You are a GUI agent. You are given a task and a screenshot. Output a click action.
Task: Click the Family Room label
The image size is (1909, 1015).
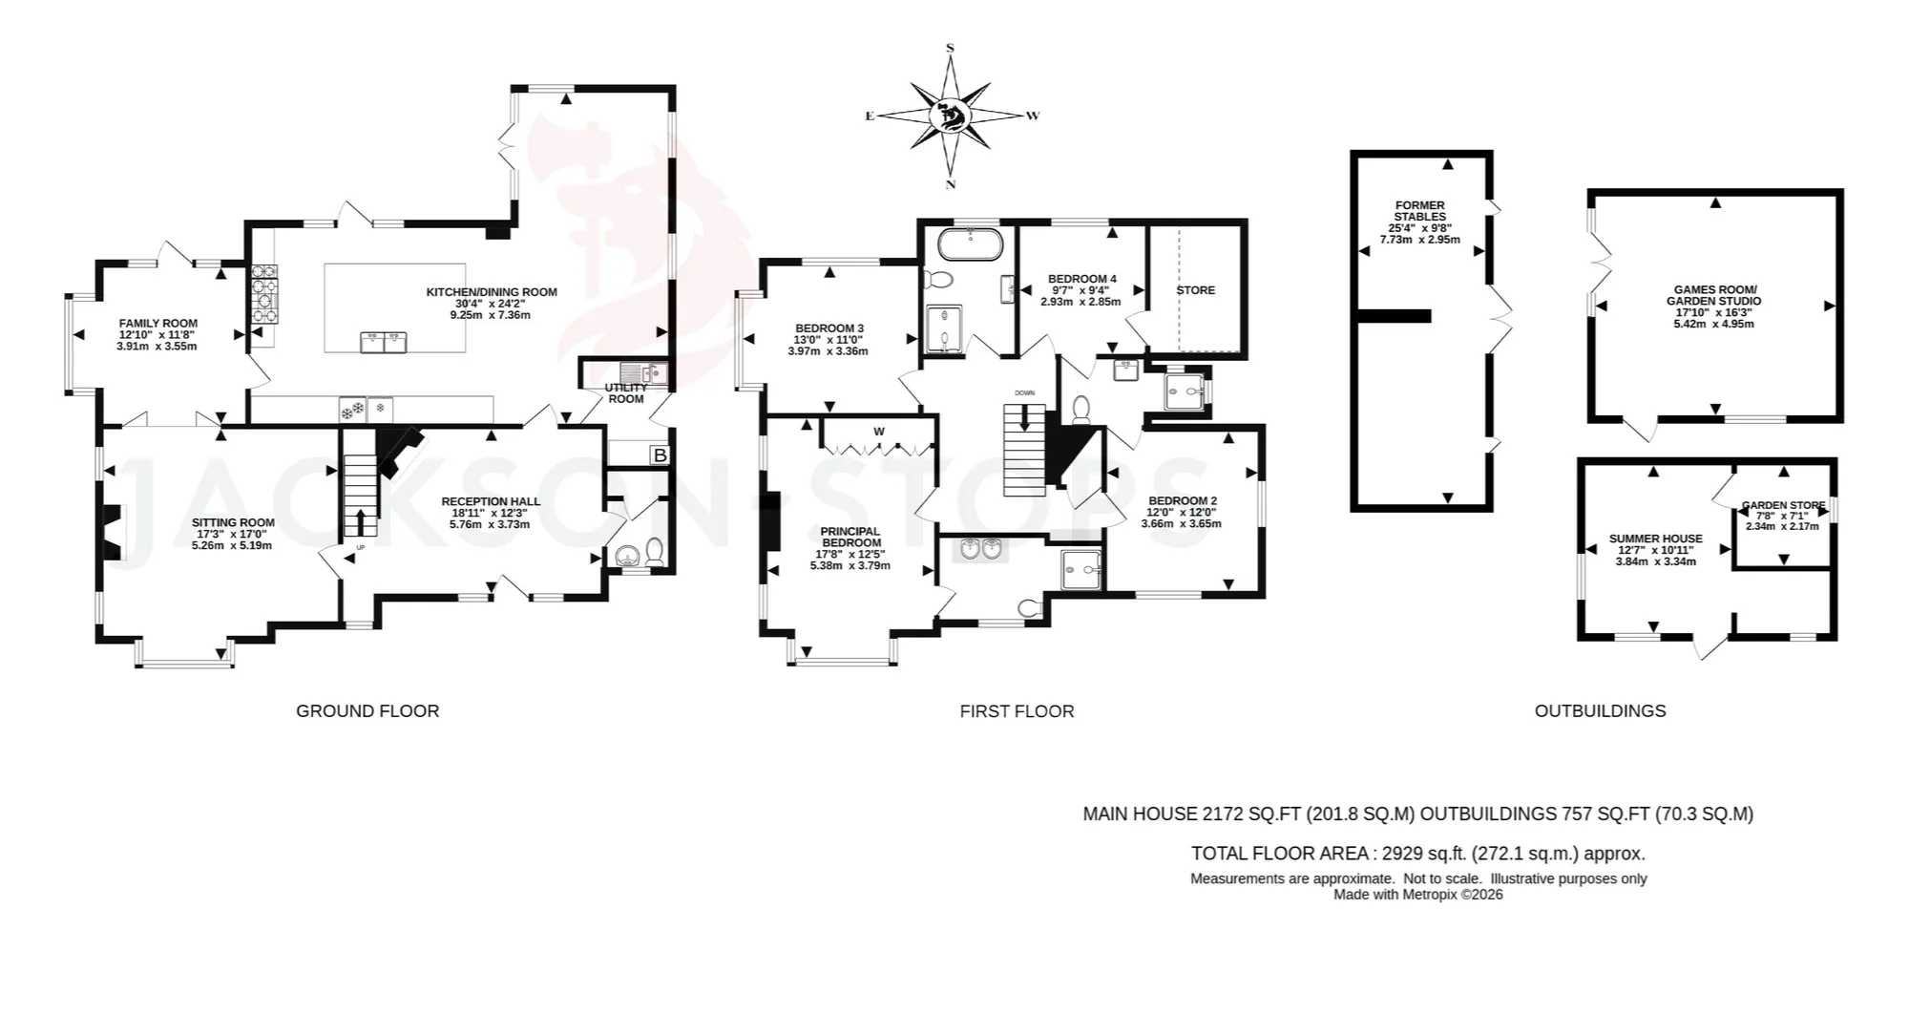(157, 324)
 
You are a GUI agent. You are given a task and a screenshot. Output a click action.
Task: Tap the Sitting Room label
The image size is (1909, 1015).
(233, 522)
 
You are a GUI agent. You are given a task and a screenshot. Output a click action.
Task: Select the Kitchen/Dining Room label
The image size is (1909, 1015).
(492, 292)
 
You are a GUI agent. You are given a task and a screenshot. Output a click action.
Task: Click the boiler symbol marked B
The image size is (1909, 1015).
(660, 455)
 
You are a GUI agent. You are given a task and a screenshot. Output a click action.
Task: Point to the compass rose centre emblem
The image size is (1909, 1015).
(950, 116)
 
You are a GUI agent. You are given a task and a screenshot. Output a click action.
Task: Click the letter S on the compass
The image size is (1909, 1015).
(950, 48)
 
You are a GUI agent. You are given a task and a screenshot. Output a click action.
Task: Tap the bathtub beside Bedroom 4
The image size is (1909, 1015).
(970, 244)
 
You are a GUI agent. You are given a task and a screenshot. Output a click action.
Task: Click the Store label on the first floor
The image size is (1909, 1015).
(1196, 290)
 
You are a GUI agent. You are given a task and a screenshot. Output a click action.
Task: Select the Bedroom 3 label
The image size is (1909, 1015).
(829, 328)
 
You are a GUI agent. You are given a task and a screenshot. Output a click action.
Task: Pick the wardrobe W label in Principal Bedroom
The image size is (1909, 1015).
(879, 432)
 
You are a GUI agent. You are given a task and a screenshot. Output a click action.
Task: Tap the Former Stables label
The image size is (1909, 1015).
(1420, 211)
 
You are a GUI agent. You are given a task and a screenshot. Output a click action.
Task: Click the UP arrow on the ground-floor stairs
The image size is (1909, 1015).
(360, 522)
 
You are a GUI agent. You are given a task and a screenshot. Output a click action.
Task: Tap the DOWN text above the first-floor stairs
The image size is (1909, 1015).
(1024, 393)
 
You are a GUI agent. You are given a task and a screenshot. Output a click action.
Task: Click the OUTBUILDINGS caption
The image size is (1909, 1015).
(1600, 710)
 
